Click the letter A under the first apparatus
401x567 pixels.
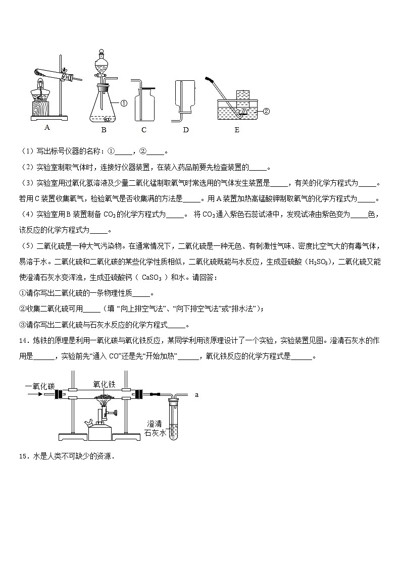coord(47,128)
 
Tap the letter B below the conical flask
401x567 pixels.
coord(103,130)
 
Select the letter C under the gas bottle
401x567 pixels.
coord(144,130)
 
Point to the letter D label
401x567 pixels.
coord(185,130)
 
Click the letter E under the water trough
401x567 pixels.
coord(236,130)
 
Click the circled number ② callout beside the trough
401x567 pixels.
coord(267,111)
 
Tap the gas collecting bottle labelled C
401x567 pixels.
coord(144,104)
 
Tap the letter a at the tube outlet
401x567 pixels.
coord(196,395)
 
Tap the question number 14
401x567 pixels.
coord(23,341)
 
